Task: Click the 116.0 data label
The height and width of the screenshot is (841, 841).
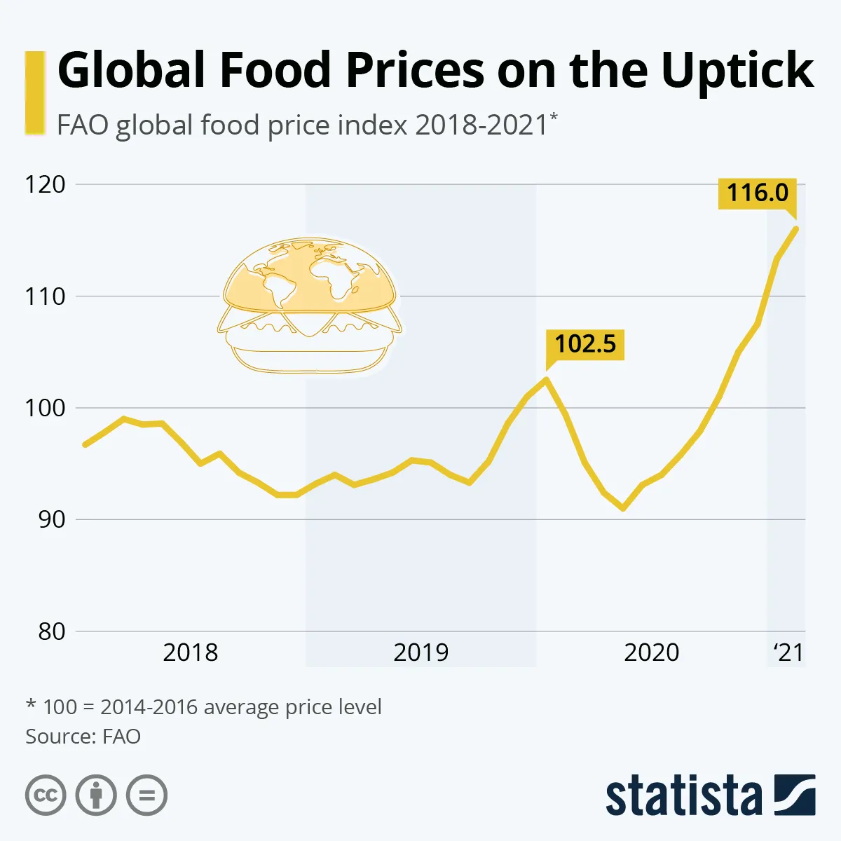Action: [758, 193]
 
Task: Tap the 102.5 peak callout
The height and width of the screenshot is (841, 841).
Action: [585, 344]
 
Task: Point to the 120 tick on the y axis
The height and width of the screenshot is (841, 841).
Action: [45, 184]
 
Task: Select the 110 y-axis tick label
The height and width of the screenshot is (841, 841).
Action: [45, 296]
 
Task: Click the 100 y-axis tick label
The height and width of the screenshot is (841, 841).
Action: [45, 408]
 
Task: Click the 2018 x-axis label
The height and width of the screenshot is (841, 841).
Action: [190, 652]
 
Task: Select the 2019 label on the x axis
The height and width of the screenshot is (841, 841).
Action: [420, 652]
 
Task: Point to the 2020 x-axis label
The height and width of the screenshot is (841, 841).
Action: [651, 652]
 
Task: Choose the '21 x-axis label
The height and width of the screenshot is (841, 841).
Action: [788, 652]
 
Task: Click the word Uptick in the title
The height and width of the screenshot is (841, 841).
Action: [737, 71]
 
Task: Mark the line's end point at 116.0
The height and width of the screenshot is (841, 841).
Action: [796, 228]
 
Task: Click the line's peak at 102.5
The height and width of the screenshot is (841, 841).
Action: [546, 379]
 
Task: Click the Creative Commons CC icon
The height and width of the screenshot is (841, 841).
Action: [46, 795]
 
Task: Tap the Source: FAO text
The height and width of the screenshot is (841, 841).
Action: [83, 737]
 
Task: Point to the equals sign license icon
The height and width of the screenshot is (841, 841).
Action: [147, 795]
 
